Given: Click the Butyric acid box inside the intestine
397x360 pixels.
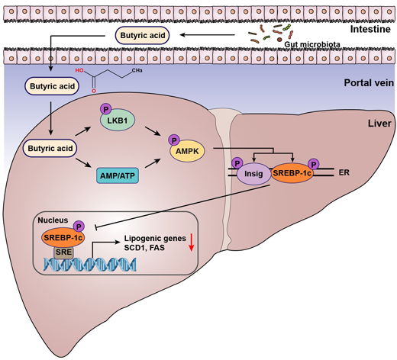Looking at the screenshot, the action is tap(142, 35).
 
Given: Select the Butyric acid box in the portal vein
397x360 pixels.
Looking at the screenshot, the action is tap(52, 86).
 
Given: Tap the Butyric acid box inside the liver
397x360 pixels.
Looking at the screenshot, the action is tap(50, 148).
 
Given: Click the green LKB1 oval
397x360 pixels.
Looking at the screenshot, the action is tap(118, 120).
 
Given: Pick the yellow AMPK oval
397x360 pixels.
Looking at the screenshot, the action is tap(187, 151).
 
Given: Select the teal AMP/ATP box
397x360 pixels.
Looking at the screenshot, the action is tap(118, 175).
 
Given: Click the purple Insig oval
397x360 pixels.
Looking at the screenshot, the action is tap(253, 174).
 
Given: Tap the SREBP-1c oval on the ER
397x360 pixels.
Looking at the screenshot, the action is tap(292, 173).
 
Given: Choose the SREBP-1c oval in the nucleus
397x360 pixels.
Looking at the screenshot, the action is tap(63, 238).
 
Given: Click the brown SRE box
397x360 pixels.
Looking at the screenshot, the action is tap(63, 252).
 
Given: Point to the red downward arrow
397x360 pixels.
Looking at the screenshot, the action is tap(192, 243).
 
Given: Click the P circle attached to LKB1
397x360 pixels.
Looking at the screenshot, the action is tap(106, 109).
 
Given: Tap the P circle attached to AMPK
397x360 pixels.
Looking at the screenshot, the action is tap(174, 140).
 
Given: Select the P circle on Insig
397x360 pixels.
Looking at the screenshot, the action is tap(237, 163).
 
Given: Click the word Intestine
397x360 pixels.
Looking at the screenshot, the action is tap(370, 29).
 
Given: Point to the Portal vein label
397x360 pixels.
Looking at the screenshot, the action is tap(369, 83).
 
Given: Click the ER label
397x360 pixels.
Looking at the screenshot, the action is tap(344, 172).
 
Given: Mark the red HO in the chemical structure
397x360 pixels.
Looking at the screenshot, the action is tap(79, 70).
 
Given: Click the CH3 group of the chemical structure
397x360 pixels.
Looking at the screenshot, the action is tap(137, 70).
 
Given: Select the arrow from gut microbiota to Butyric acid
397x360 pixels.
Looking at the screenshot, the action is tap(207, 35).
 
